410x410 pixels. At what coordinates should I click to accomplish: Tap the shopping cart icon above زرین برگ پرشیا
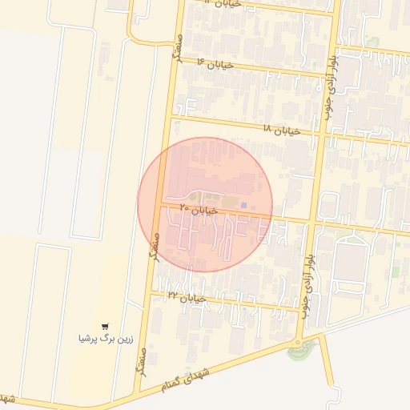click(105, 326)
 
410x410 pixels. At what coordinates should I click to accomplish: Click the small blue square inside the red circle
click(243, 205)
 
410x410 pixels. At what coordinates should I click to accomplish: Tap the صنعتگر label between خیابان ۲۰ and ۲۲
click(155, 248)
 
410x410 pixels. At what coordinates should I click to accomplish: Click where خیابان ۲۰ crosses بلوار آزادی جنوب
click(312, 221)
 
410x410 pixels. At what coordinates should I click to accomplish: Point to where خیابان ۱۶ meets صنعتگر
click(175, 61)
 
